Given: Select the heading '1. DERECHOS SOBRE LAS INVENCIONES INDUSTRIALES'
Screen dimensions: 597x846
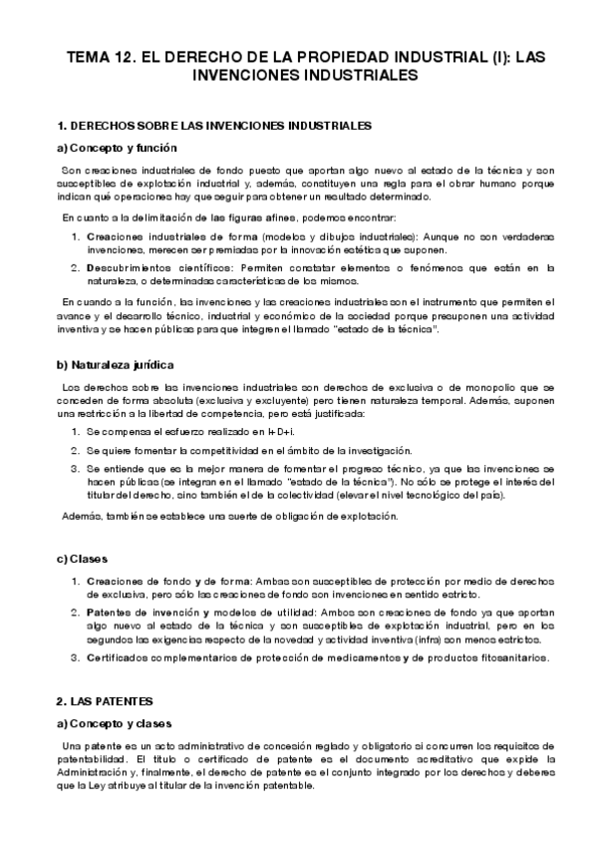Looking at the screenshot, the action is pos(215,126).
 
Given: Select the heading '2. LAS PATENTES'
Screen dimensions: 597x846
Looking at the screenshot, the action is pos(105,701).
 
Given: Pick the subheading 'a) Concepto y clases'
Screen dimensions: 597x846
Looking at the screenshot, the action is pos(115,723).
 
